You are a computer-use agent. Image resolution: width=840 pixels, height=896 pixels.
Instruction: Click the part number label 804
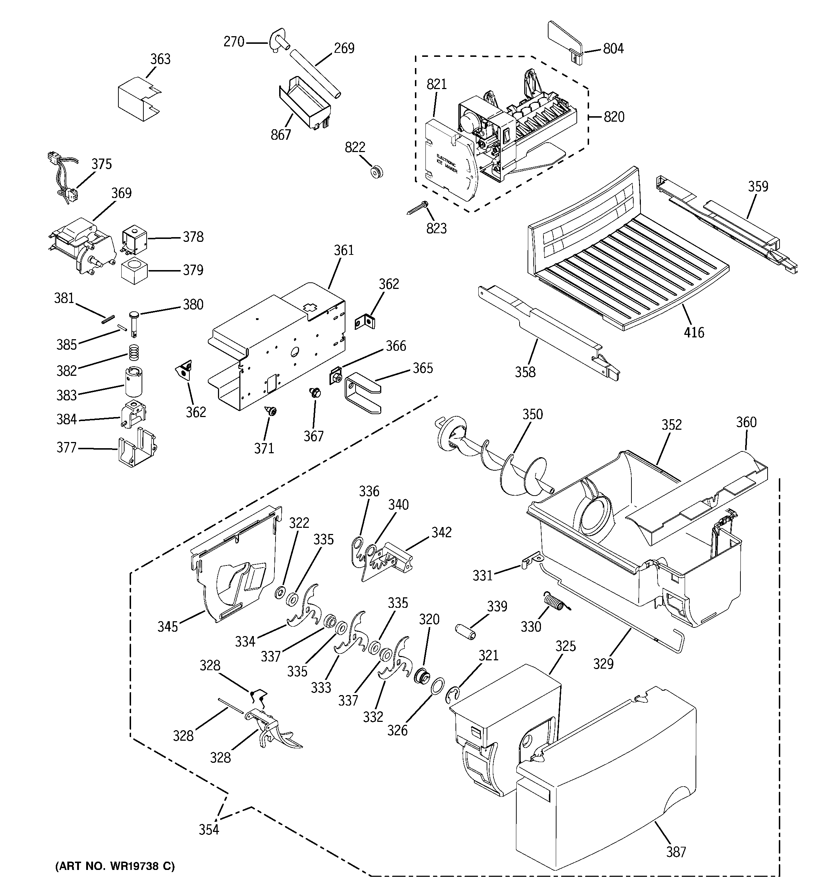coord(613,49)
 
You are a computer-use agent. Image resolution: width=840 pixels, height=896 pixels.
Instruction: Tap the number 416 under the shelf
coord(693,333)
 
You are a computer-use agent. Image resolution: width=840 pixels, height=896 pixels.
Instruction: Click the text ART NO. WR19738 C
coord(115,866)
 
